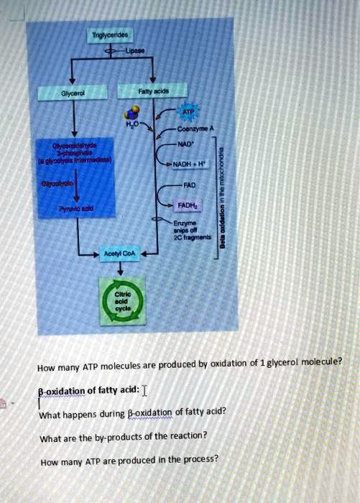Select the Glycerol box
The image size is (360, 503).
coord(70,92)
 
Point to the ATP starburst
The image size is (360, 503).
coord(188,113)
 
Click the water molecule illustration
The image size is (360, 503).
coord(133,114)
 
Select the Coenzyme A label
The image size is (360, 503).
coord(193,129)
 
